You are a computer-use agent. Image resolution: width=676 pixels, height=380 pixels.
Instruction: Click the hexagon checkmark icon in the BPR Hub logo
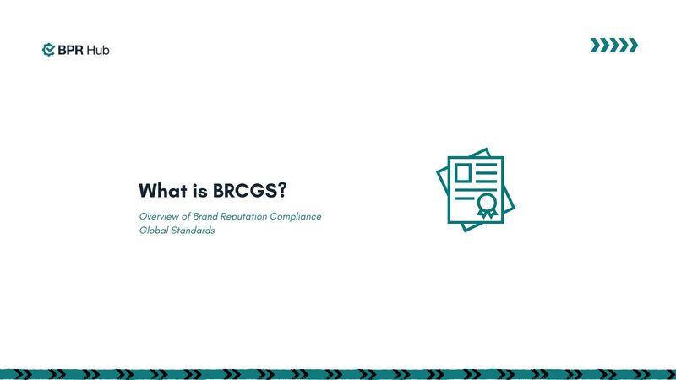pyautogui.click(x=48, y=50)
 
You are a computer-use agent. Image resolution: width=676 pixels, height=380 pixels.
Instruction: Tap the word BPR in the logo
pyautogui.click(x=70, y=50)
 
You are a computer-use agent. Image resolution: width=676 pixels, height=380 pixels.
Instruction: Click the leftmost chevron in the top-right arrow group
pyautogui.click(x=596, y=46)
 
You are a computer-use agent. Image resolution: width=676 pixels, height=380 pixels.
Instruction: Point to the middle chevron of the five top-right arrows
pyautogui.click(x=614, y=46)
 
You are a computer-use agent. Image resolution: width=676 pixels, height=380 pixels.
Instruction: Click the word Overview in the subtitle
pyautogui.click(x=160, y=217)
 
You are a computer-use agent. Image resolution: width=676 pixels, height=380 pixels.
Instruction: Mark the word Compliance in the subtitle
pyautogui.click(x=295, y=217)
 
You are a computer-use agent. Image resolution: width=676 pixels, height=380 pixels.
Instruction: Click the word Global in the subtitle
pyautogui.click(x=154, y=231)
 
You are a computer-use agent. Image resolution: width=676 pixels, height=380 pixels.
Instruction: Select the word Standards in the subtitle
pyautogui.click(x=194, y=231)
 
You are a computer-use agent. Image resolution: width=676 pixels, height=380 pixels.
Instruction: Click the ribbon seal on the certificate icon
pyautogui.click(x=486, y=205)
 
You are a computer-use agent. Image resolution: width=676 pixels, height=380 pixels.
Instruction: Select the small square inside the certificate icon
pyautogui.click(x=463, y=172)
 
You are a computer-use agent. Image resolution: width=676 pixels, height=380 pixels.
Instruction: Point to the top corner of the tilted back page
pyautogui.click(x=487, y=151)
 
